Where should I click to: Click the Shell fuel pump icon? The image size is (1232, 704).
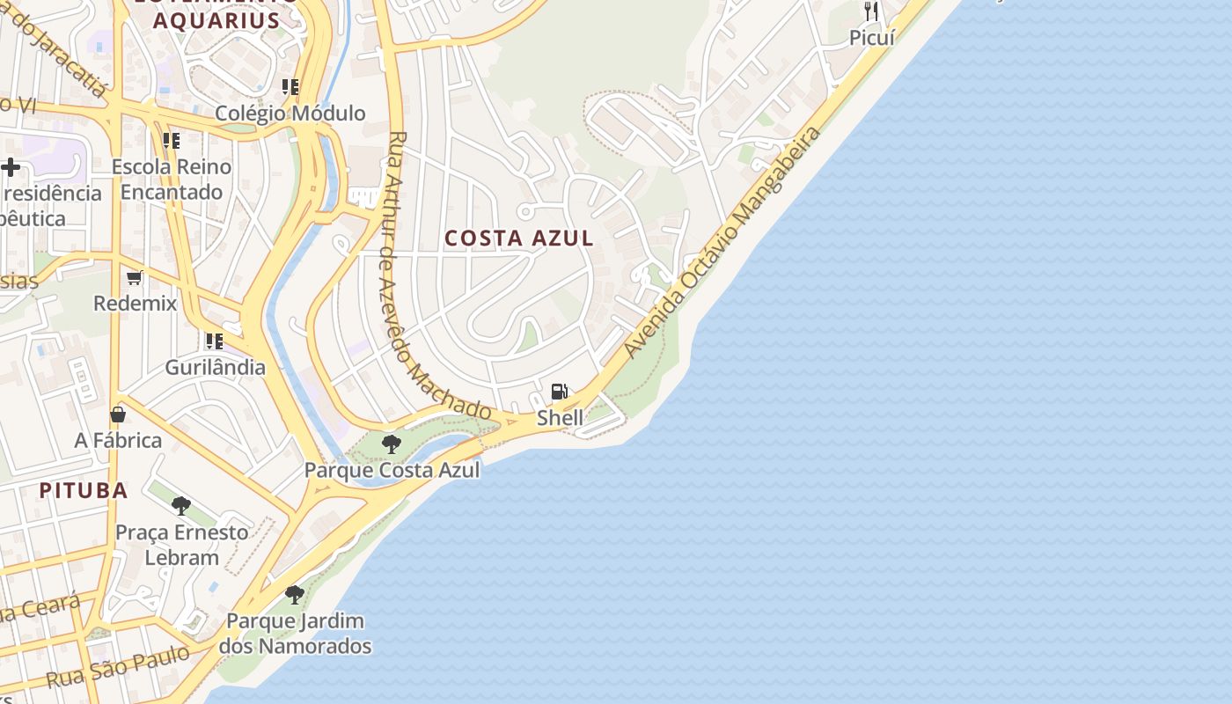tap(559, 392)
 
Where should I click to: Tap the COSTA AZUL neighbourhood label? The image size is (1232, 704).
tap(519, 238)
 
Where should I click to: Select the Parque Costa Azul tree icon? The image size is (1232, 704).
tap(392, 444)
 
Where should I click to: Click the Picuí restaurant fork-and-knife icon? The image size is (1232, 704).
tap(871, 11)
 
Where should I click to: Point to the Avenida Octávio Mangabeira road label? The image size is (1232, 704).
tap(723, 242)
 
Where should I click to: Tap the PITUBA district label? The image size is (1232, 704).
tap(84, 490)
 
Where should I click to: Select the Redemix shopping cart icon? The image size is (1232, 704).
tap(135, 278)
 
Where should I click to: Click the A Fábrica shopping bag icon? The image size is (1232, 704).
tap(118, 414)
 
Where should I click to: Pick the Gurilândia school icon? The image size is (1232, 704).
tap(215, 341)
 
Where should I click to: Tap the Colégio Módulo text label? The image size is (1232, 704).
tap(290, 113)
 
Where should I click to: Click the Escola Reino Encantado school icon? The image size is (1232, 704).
tap(172, 141)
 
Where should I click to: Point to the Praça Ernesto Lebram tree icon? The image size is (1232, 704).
tap(181, 506)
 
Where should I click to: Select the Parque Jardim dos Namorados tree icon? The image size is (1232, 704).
tap(295, 595)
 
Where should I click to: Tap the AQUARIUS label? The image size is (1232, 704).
tap(216, 20)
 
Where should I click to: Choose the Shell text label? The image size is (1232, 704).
tap(560, 418)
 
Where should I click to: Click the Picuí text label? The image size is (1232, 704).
tap(872, 38)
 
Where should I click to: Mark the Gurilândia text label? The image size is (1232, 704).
tap(216, 367)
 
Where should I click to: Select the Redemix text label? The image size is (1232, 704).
tap(136, 304)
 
